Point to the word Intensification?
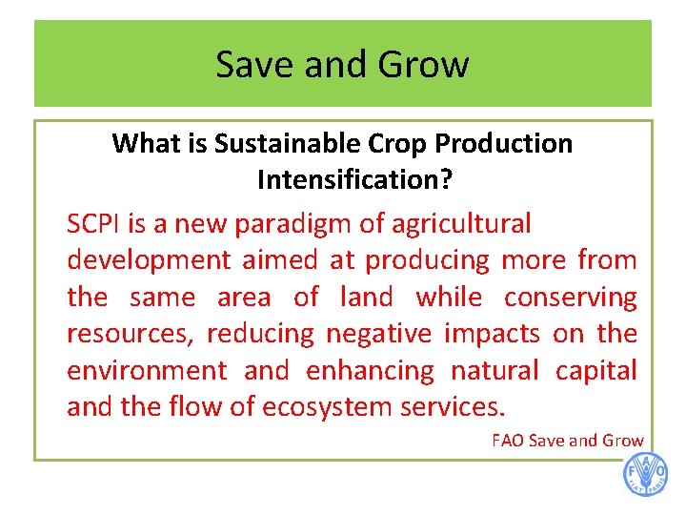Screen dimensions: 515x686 (x=343, y=179)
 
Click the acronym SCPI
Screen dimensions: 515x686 (x=96, y=224)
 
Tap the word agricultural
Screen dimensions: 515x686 (x=461, y=224)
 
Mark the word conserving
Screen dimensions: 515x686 (x=570, y=298)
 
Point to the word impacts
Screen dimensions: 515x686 (x=494, y=334)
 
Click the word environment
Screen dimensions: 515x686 (x=147, y=370)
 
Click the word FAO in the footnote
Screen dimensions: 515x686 (x=507, y=441)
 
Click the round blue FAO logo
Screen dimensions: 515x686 (x=645, y=475)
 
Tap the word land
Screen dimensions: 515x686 (x=366, y=298)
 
